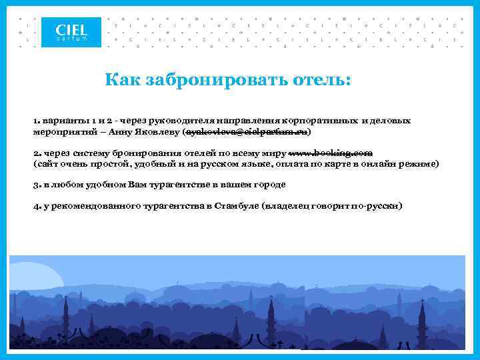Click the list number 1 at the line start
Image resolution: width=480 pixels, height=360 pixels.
[x=36, y=121]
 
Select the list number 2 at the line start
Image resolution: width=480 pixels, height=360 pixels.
[x=36, y=153]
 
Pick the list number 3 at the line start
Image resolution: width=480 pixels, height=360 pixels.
[x=36, y=184]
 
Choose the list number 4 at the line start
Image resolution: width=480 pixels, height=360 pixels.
[x=36, y=206]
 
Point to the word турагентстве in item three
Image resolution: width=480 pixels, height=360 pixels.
[x=159, y=184]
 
